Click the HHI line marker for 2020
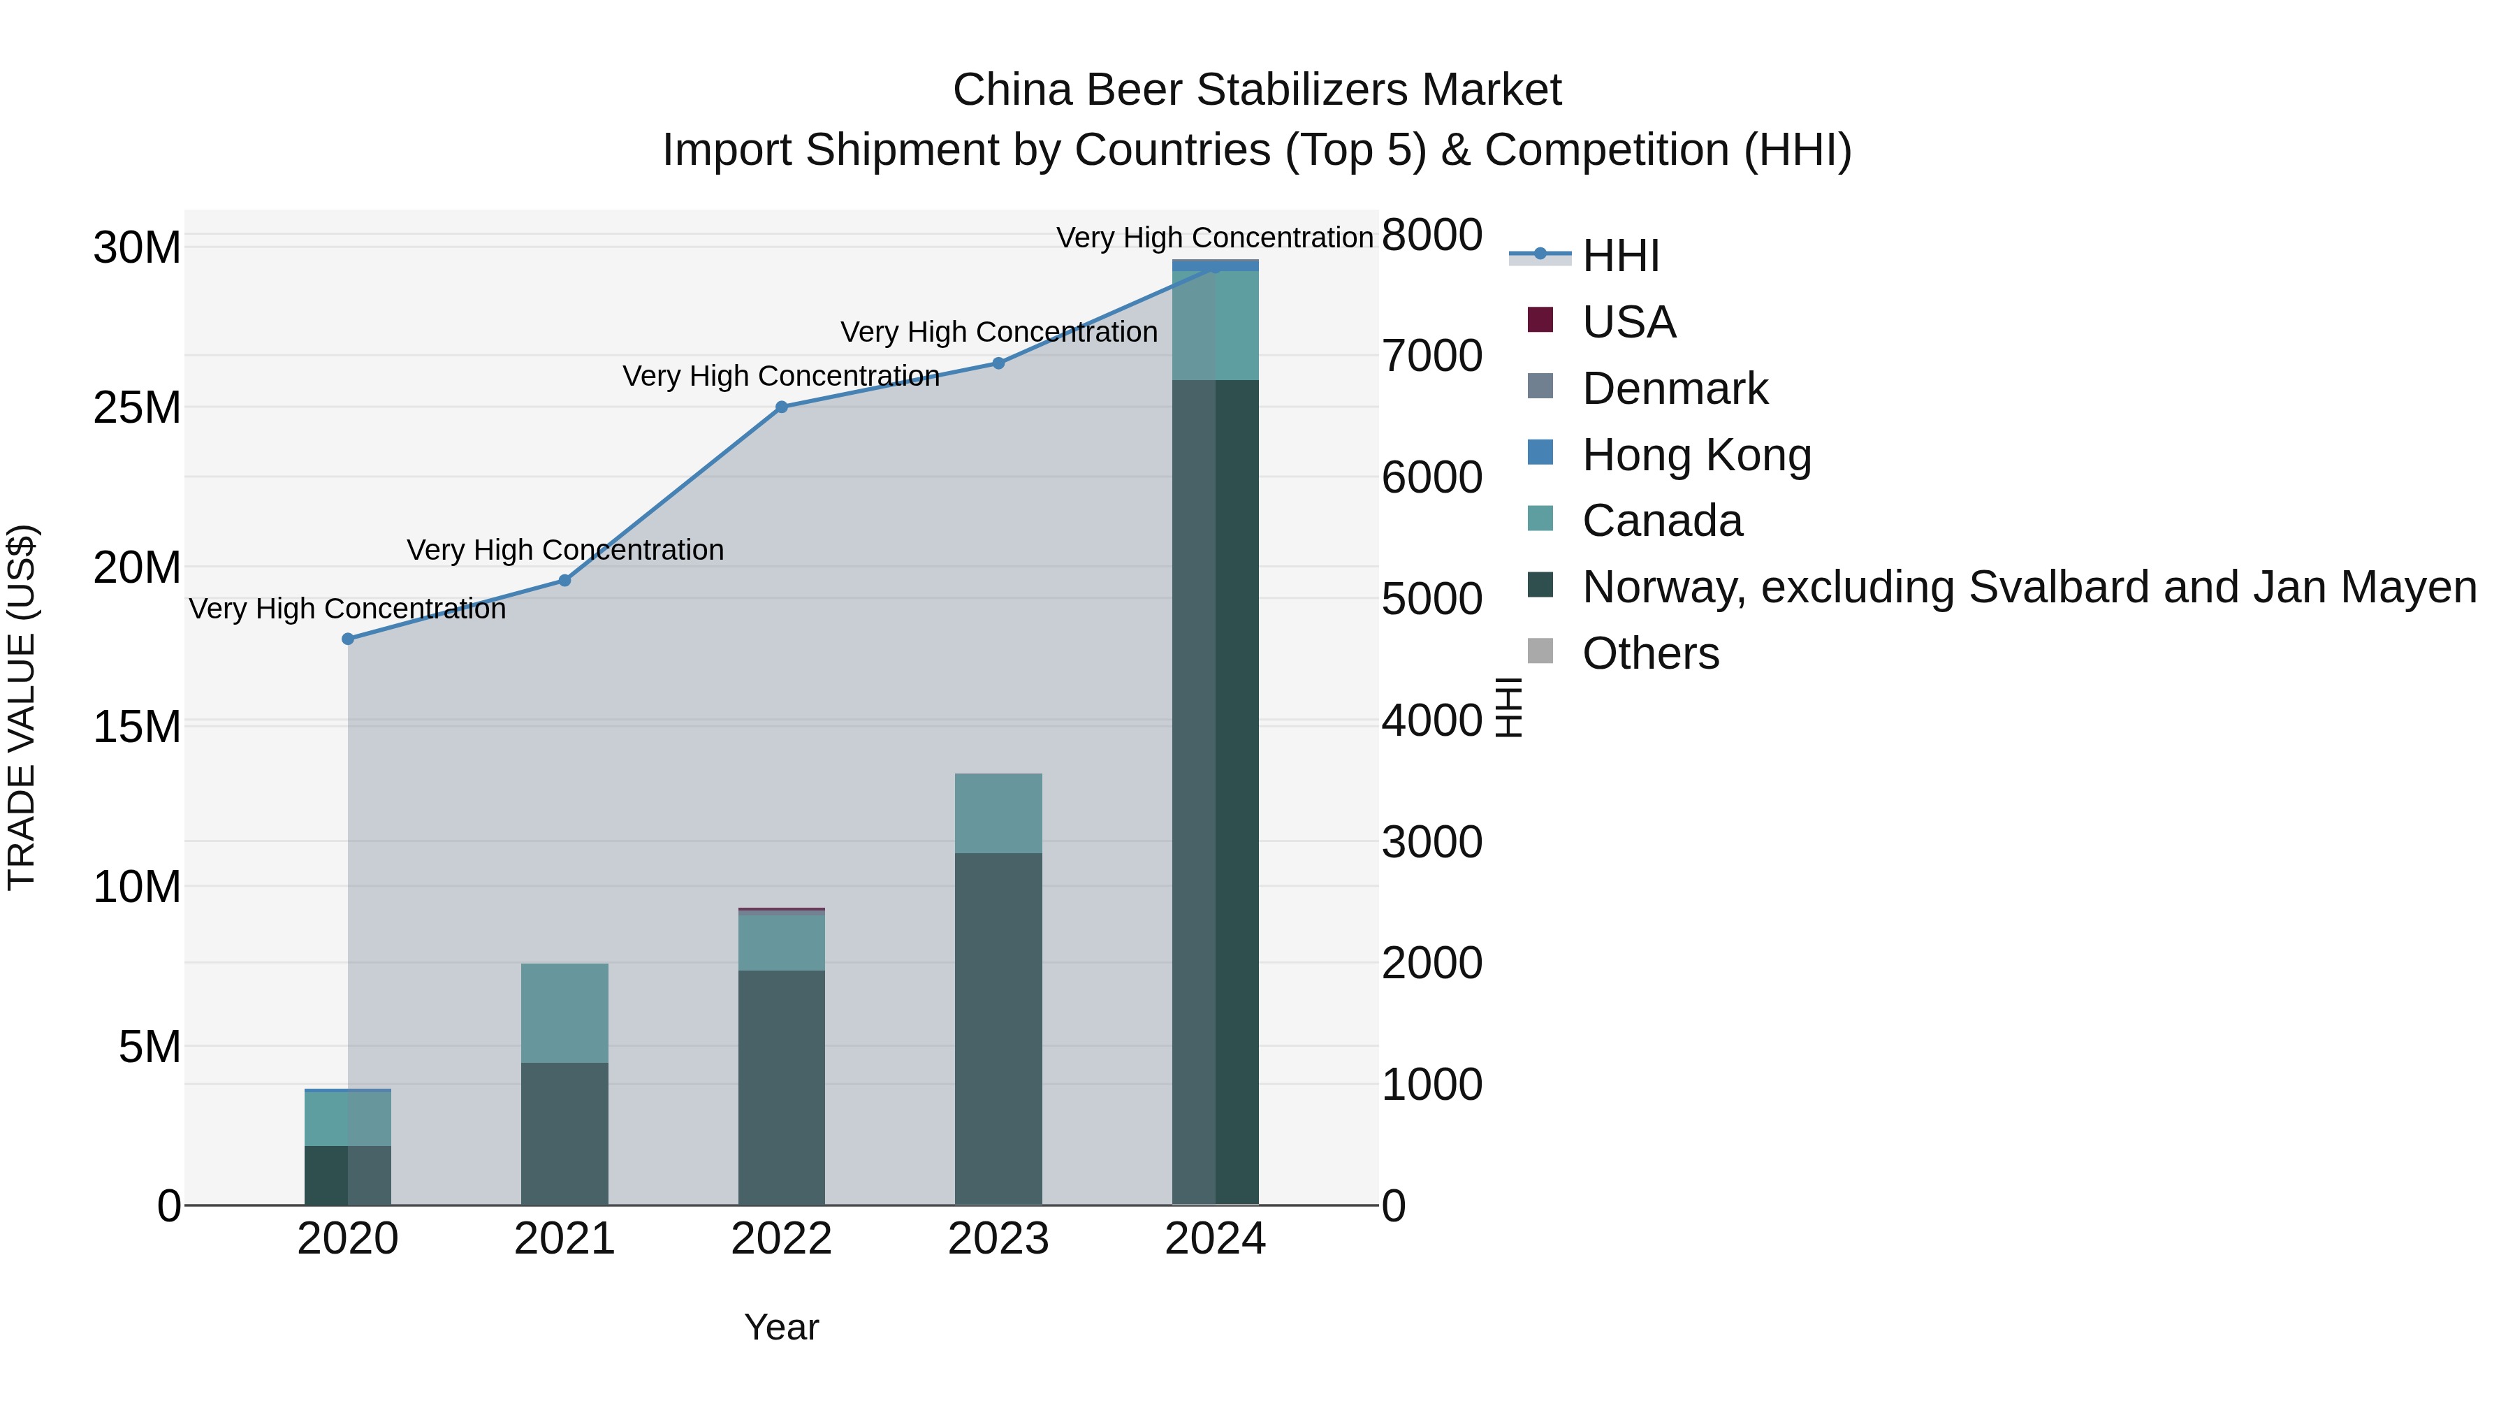point(348,639)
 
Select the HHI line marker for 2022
point(781,407)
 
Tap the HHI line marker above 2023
point(998,363)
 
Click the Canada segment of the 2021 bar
point(564,1013)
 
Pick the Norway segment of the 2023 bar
point(998,1029)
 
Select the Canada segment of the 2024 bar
point(1215,325)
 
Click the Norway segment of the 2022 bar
point(781,1087)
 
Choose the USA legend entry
point(1628,322)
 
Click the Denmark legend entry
point(1675,389)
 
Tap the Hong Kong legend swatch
point(1540,453)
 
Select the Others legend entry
point(1650,653)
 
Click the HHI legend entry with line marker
point(1621,256)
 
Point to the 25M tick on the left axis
point(137,408)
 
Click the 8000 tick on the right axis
point(1431,235)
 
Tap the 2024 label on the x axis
point(1215,1239)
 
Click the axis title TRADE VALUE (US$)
point(22,707)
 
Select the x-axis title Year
point(781,1327)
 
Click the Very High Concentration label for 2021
point(565,550)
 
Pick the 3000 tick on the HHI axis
point(1431,842)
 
